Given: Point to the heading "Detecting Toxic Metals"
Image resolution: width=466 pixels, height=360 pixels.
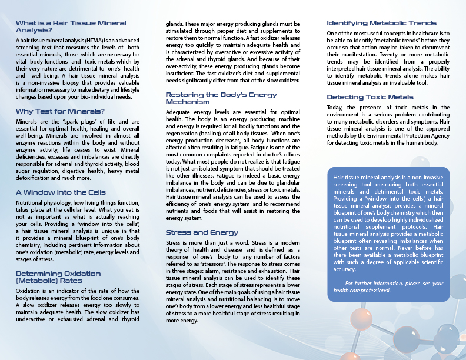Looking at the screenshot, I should (x=370, y=96).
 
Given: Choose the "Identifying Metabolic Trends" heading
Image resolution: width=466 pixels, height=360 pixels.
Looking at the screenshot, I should (x=381, y=23).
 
